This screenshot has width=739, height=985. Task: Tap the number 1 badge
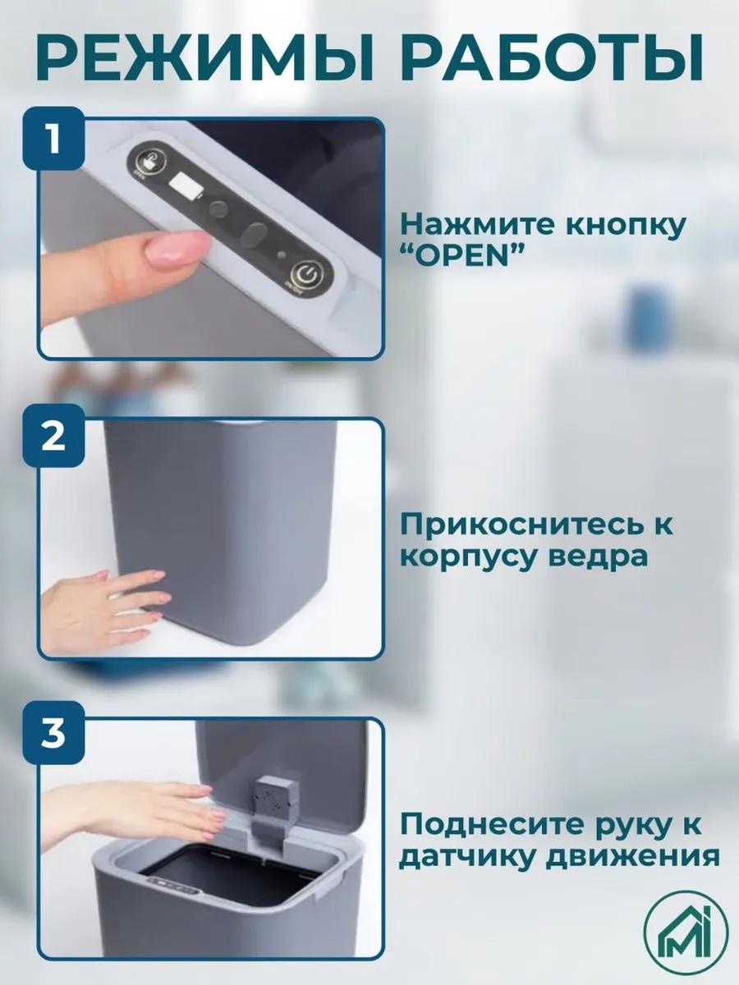[x=54, y=139]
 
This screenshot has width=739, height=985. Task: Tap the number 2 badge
[x=54, y=435]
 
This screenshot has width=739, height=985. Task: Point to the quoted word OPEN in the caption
[x=463, y=257]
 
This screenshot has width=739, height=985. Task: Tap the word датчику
[x=470, y=859]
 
